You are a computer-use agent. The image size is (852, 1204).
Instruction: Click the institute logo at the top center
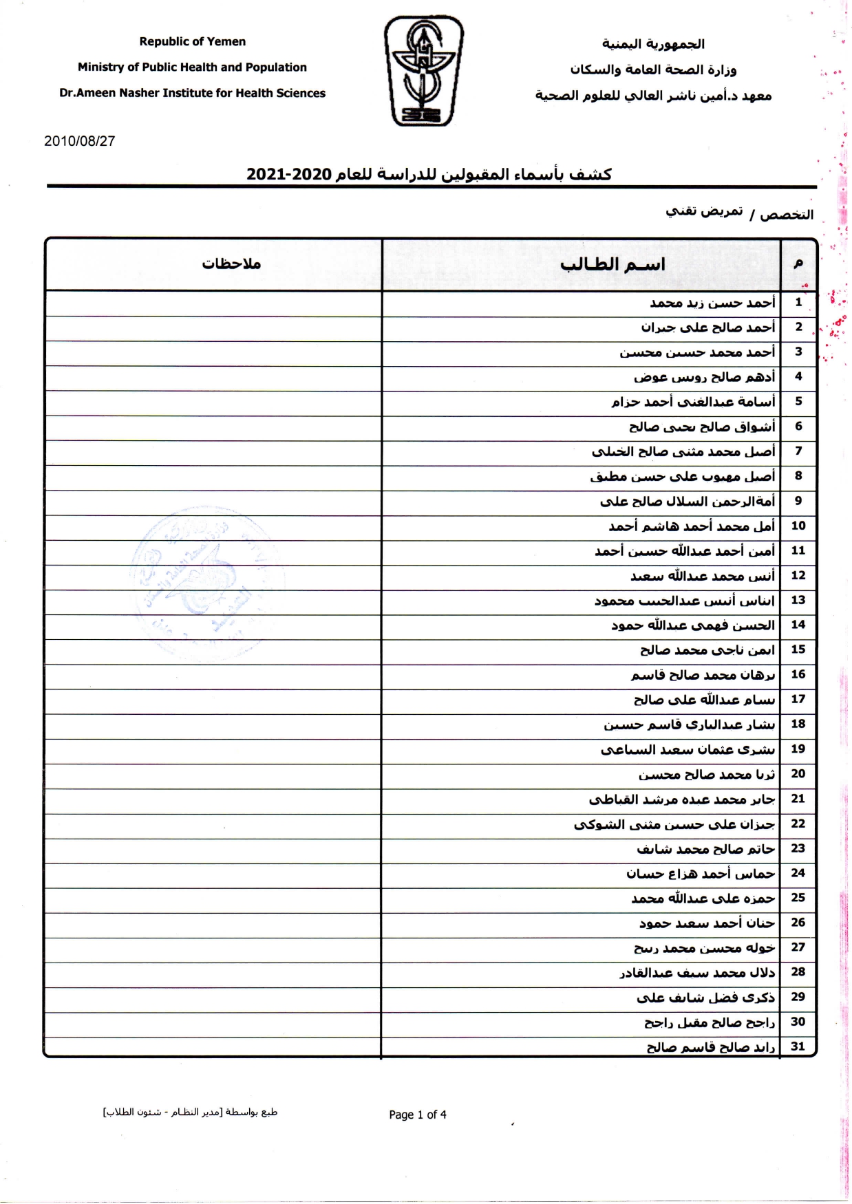click(423, 72)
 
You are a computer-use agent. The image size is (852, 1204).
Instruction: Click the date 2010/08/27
click(79, 141)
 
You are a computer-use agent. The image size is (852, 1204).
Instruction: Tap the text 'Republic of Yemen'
click(192, 41)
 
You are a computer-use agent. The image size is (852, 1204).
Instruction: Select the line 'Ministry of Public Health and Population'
click(192, 67)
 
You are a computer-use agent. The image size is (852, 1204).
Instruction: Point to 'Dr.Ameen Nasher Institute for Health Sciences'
click(192, 93)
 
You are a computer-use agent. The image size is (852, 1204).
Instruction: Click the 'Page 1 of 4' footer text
click(417, 1115)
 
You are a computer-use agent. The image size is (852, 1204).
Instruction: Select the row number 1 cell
click(798, 302)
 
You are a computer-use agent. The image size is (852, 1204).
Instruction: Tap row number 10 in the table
click(798, 526)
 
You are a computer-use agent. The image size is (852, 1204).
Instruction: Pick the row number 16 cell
click(798, 674)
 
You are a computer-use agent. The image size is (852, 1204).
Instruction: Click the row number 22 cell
click(798, 824)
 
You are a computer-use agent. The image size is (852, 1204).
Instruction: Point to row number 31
click(798, 1046)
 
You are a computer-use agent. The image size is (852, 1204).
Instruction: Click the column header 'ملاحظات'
click(231, 264)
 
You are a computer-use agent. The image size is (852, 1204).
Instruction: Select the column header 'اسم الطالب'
click(613, 264)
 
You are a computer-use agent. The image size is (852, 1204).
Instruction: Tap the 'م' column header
click(798, 264)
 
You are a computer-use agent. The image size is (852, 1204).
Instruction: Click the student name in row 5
click(693, 402)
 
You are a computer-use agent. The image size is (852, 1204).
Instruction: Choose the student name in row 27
click(705, 948)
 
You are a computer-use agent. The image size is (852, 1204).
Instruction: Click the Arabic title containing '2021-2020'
click(429, 174)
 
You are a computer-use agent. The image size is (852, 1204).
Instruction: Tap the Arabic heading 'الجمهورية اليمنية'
click(653, 44)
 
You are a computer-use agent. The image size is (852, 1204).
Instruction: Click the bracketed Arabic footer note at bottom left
click(190, 1112)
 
